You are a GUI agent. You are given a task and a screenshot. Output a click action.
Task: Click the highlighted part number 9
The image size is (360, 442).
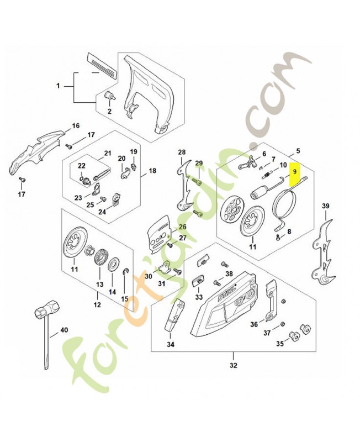click(x=296, y=172)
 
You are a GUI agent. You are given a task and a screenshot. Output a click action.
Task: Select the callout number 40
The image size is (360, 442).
click(x=63, y=330)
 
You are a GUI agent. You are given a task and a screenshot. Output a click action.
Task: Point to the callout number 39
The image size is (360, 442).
click(x=325, y=207)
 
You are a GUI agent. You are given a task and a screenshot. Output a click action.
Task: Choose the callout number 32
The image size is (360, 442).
click(x=233, y=365)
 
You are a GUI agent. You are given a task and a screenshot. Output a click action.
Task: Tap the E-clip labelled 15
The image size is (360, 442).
click(x=126, y=271)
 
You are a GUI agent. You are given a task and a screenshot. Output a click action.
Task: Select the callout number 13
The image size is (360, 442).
click(x=99, y=285)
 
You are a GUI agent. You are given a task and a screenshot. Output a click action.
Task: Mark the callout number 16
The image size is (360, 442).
click(x=76, y=125)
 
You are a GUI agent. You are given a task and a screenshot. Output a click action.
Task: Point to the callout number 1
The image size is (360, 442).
click(x=59, y=86)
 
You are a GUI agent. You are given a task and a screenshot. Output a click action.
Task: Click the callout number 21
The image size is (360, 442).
click(x=108, y=153)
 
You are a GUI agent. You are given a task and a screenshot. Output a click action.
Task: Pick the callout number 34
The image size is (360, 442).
click(x=171, y=344)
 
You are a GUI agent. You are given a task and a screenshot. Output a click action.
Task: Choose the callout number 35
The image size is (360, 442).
click(x=279, y=344)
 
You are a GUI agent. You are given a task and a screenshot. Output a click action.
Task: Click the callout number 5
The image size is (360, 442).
click(x=298, y=150)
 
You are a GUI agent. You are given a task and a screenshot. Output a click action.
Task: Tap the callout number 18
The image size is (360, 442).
click(x=152, y=171)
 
